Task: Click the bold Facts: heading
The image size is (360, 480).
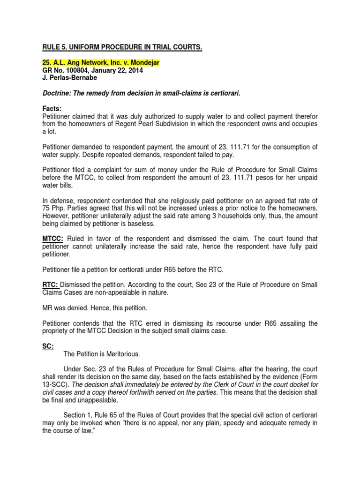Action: point(52,108)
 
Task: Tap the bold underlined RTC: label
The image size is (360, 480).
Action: point(51,284)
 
